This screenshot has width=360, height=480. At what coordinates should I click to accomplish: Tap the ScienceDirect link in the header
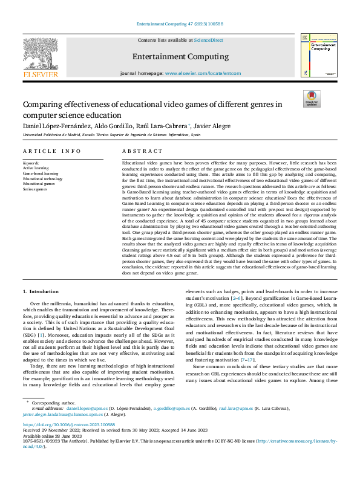[208, 40]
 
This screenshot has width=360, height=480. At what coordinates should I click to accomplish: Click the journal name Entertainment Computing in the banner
[180, 56]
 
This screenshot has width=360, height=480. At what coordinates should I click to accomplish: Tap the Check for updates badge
[312, 99]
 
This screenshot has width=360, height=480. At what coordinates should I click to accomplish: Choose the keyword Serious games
[36, 190]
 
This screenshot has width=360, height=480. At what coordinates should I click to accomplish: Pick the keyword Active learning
[37, 168]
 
